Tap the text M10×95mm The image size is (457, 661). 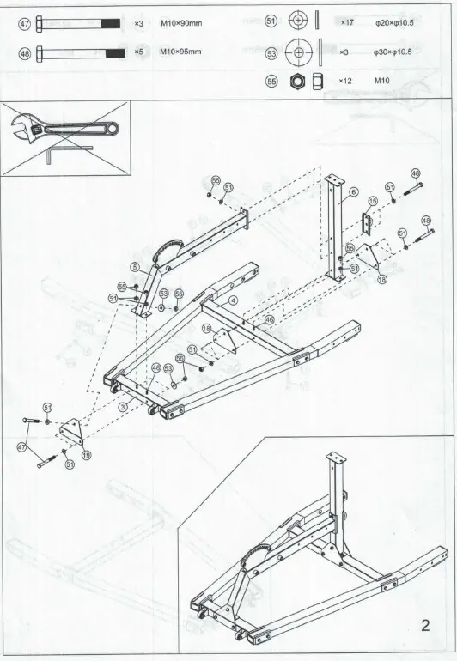click(180, 52)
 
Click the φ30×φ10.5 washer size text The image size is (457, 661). click(393, 52)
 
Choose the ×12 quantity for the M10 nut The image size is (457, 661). click(345, 81)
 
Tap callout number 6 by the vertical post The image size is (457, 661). click(352, 193)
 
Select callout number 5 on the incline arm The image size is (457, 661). click(135, 267)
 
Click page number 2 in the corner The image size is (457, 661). click(425, 624)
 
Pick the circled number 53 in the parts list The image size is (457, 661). click(271, 52)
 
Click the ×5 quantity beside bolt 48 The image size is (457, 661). click(137, 52)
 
